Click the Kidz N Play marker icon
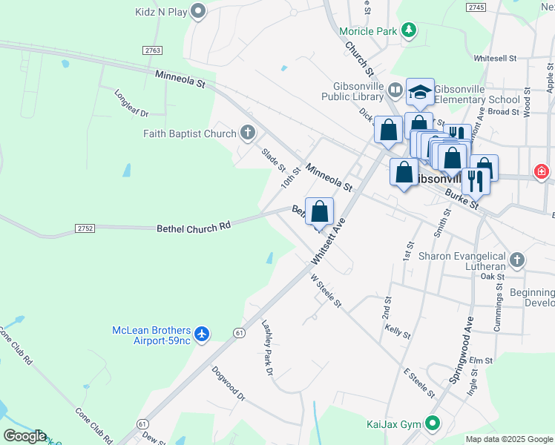197,11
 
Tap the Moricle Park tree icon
408,30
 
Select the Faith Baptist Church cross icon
248,133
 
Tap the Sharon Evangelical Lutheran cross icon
517,260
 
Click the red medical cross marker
542,173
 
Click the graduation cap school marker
420,93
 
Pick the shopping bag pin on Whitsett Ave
319,212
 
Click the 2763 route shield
152,50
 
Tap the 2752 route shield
85,228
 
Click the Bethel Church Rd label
194,228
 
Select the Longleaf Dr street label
132,103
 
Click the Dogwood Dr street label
228,383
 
